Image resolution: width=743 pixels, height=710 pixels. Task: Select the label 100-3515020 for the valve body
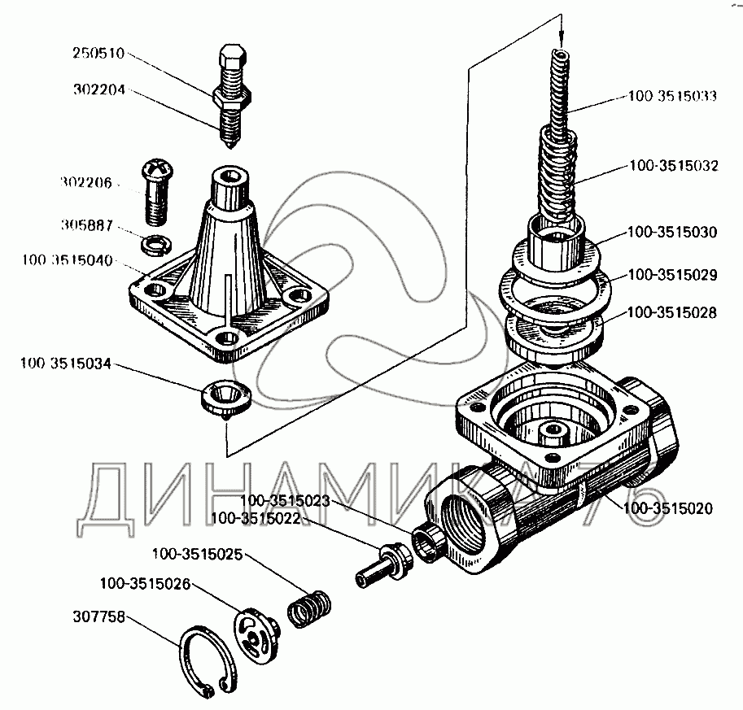tap(668, 510)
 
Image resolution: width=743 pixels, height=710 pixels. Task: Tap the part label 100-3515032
tap(672, 166)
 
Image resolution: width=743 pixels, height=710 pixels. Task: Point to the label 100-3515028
tap(672, 311)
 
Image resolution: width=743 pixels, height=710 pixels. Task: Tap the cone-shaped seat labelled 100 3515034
tap(225, 397)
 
